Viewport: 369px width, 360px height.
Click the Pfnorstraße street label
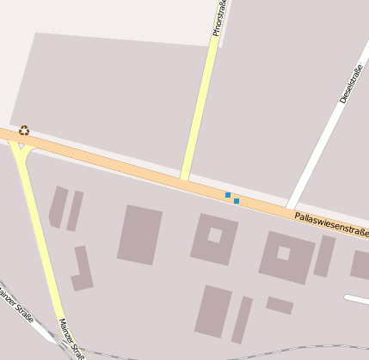[x=219, y=19]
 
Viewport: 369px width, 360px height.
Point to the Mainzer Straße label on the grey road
[x=15, y=307]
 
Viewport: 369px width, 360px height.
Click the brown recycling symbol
[x=24, y=131]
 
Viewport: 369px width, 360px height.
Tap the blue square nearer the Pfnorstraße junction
[x=228, y=195]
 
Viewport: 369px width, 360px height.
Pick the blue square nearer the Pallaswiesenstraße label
[x=237, y=201]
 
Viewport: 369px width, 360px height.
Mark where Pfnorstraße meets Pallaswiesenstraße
[x=184, y=179]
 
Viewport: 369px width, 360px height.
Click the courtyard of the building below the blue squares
[x=214, y=235]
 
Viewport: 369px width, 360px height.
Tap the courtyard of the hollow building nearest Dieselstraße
[x=283, y=253]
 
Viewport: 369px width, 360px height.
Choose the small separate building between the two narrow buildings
[x=279, y=305]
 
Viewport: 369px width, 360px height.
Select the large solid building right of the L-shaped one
[x=139, y=235]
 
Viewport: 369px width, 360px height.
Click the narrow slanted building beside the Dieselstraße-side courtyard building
[x=323, y=256]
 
